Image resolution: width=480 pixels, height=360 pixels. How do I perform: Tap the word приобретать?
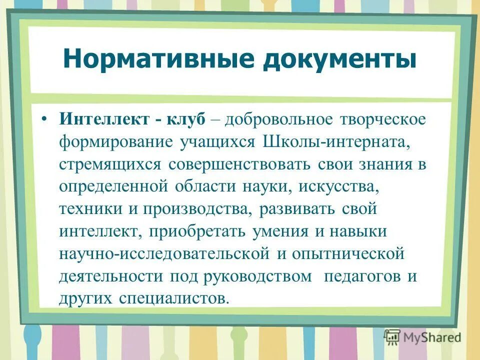click(195, 231)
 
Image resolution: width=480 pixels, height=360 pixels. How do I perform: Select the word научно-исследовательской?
click(164, 254)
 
